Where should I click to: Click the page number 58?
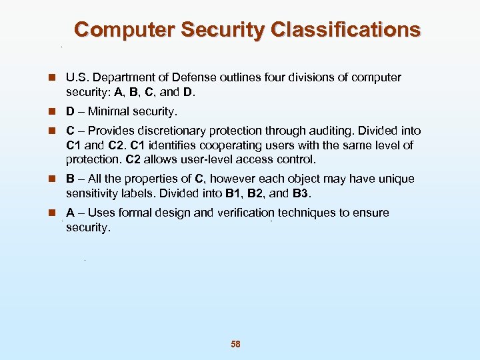coord(235,344)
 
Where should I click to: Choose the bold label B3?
coord(302,193)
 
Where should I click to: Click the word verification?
coord(245,213)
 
